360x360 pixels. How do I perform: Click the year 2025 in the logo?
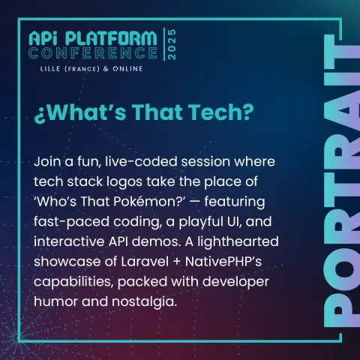point(172,44)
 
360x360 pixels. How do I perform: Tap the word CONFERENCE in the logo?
point(93,53)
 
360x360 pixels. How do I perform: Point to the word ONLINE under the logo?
point(127,69)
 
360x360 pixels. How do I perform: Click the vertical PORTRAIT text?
point(341,181)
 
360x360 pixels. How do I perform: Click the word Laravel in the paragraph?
point(145,262)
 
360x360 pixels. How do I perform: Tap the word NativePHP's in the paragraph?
point(223,262)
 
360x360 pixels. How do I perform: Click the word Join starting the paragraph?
point(47,161)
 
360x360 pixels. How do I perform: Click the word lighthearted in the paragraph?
point(238,241)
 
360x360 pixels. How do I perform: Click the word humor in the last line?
point(55,301)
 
